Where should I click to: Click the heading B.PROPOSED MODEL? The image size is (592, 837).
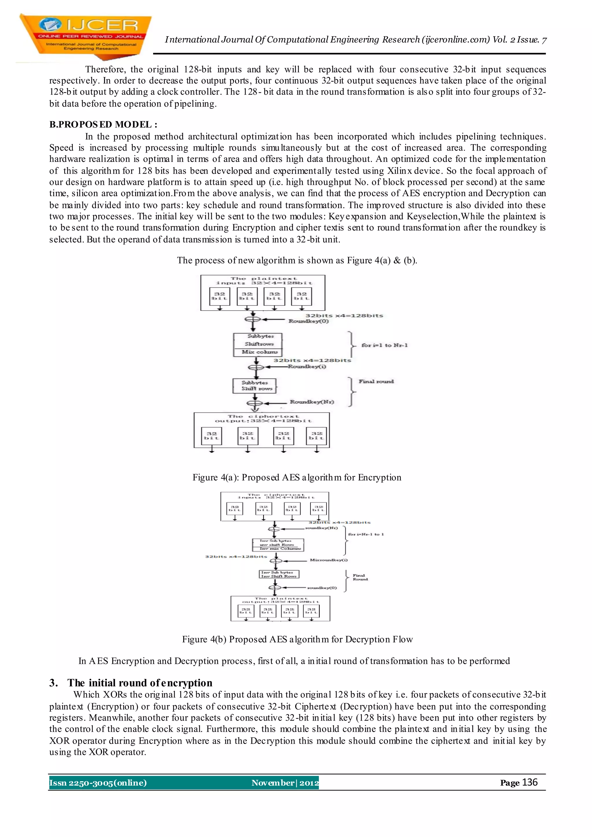pos(103,125)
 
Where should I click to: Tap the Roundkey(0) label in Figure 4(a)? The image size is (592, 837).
pos(308,321)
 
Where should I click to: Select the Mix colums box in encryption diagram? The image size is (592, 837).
pos(260,352)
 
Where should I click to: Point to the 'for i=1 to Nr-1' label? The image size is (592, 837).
pos(384,345)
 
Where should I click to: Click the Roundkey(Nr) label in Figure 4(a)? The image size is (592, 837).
pos(312,402)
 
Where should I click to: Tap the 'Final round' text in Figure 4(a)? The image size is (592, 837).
pos(376,381)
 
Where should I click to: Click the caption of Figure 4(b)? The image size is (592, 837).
pos(297,639)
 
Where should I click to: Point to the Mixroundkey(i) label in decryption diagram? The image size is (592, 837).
pos(328,560)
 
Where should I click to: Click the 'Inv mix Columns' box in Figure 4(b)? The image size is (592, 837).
pos(280,548)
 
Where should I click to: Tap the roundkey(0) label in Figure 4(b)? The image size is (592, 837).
pos(322,588)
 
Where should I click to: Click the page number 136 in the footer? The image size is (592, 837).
pos(529,782)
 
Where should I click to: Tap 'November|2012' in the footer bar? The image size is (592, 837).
pos(285,783)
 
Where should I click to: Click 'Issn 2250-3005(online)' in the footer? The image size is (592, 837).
pos(98,783)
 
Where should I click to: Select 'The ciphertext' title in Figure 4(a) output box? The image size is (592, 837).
pos(263,416)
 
